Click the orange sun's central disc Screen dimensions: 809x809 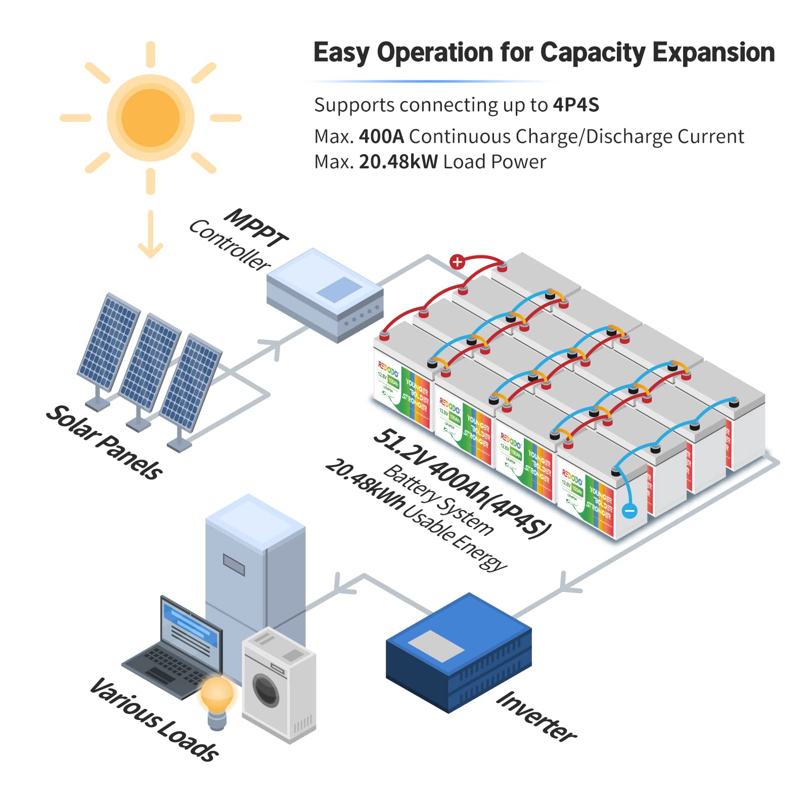point(151,118)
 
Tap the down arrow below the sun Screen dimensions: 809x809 point(151,235)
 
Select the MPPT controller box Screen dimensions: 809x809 point(325,296)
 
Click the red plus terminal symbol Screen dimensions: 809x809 point(457,262)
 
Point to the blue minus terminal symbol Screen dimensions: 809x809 point(630,511)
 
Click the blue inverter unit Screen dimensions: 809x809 point(459,652)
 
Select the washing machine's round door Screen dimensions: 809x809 point(266,690)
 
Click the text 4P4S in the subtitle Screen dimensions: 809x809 point(575,105)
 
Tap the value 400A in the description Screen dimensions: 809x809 point(381,137)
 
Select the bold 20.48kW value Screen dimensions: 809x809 point(398,162)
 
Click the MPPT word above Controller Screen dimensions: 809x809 point(256,228)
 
